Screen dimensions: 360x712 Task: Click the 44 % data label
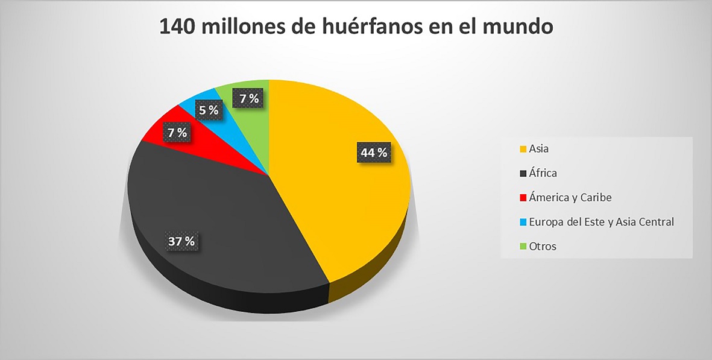click(x=374, y=153)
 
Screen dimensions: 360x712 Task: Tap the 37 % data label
click(x=181, y=241)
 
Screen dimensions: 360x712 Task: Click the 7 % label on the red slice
click(x=177, y=131)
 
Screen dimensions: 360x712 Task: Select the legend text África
click(x=543, y=173)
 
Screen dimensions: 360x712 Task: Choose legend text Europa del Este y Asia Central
click(x=601, y=222)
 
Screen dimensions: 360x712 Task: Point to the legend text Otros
click(x=543, y=246)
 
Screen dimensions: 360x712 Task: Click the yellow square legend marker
click(x=523, y=149)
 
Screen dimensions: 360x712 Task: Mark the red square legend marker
click(x=523, y=198)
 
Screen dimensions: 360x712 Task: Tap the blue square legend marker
click(x=523, y=222)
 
